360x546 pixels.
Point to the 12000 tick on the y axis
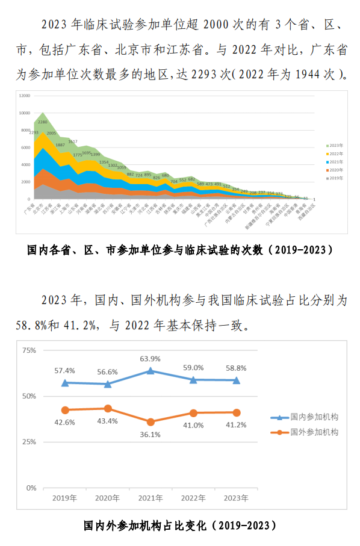click(24, 96)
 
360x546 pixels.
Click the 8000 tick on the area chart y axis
click(25, 130)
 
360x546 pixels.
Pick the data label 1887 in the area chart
click(60, 145)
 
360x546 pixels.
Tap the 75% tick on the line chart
click(29, 350)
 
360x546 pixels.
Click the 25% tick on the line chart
click(29, 442)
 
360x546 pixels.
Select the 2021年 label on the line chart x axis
click(151, 498)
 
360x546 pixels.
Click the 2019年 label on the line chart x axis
click(65, 498)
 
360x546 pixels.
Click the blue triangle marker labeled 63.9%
click(151, 371)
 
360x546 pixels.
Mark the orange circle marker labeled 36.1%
click(151, 422)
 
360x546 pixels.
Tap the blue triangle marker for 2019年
click(65, 382)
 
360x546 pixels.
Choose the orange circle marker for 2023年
click(237, 412)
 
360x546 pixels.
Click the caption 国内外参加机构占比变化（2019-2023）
click(180, 526)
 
